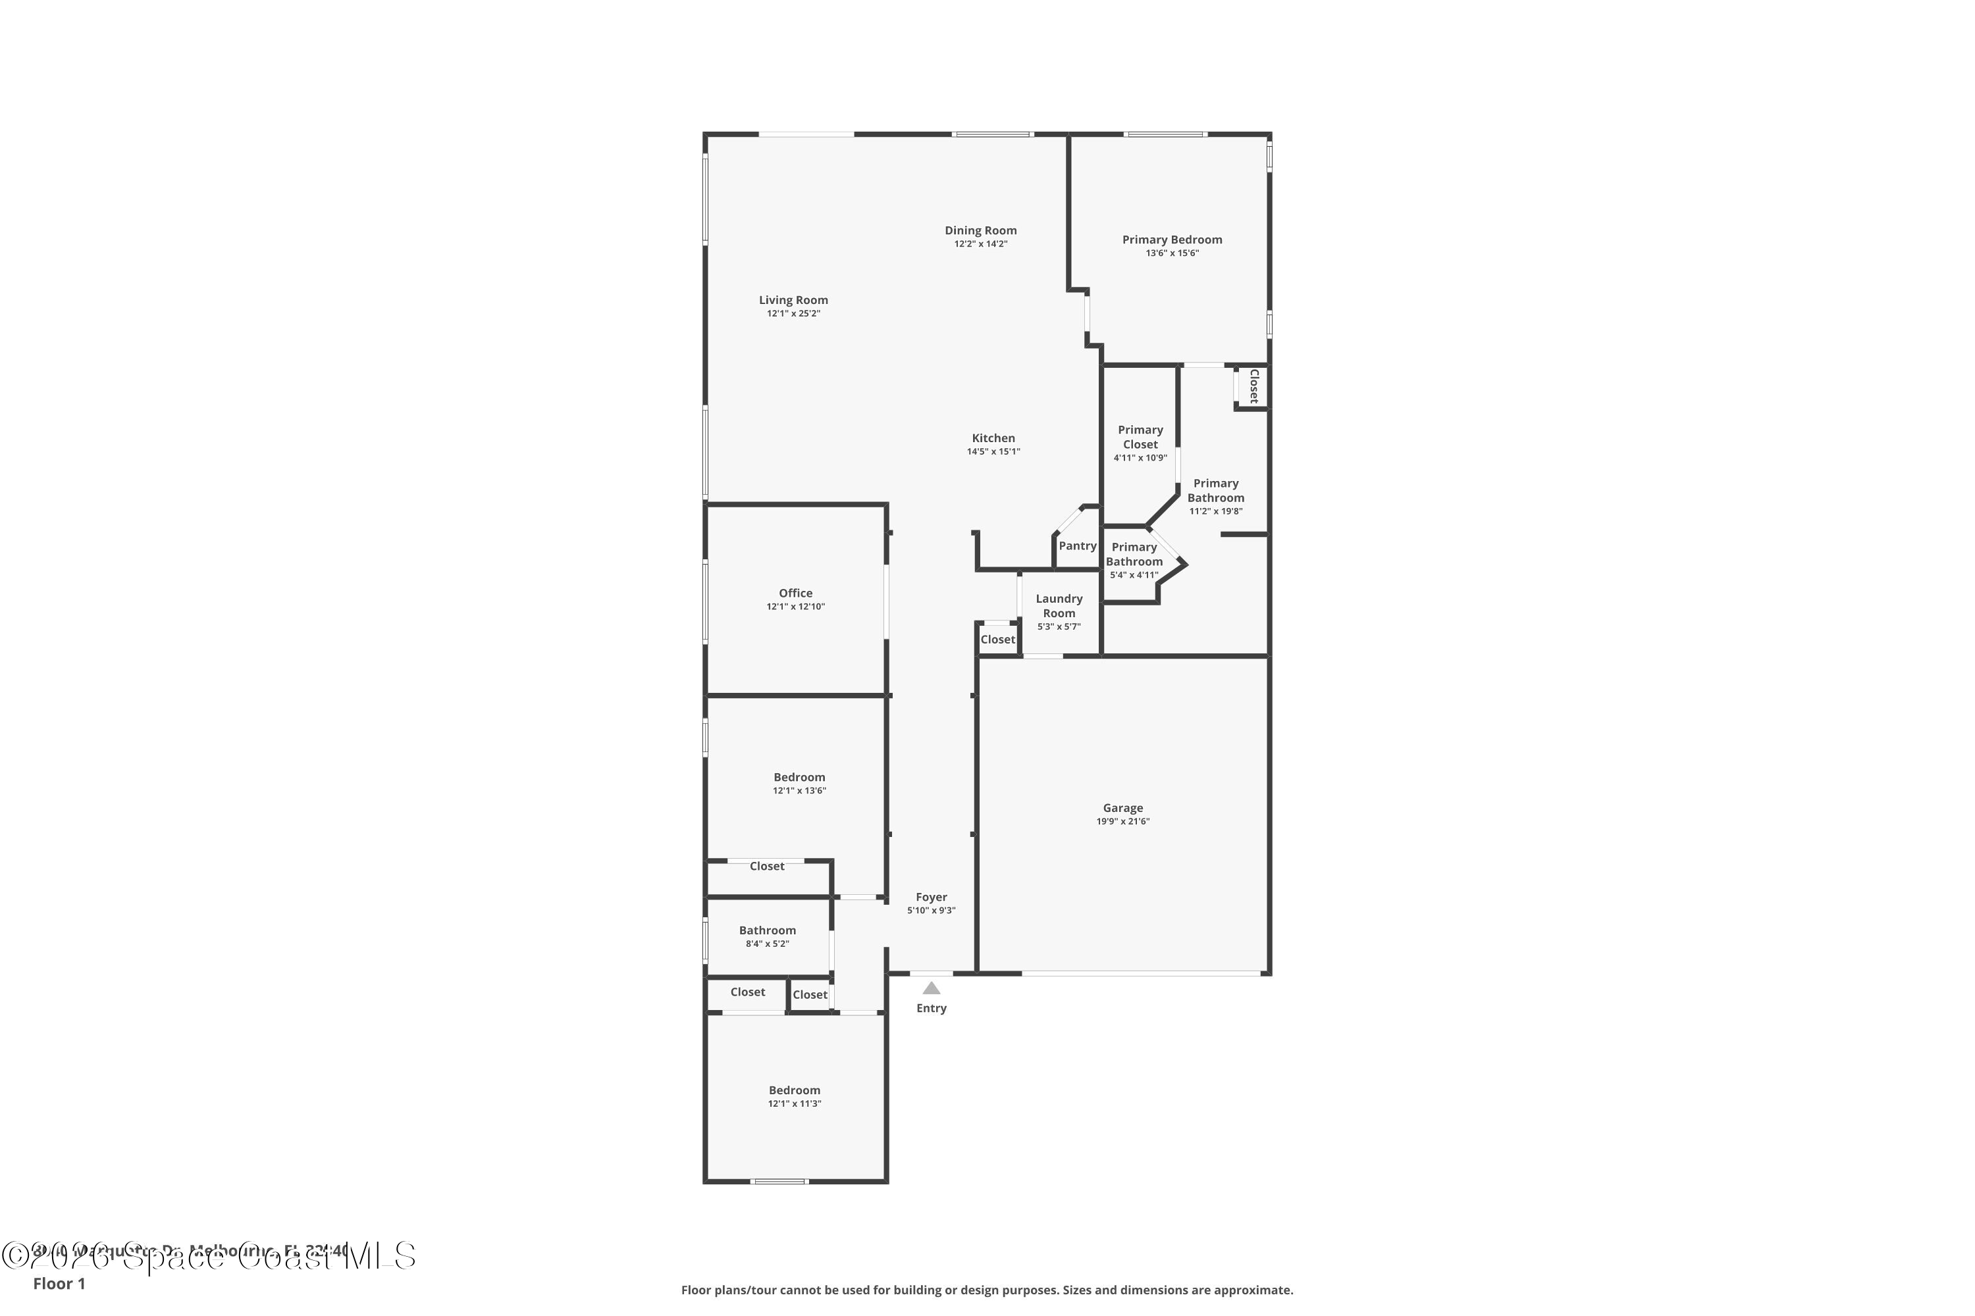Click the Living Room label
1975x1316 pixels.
click(793, 299)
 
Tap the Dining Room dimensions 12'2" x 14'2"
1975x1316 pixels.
click(980, 244)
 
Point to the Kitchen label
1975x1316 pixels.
click(993, 438)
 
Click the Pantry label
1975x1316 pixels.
click(1077, 545)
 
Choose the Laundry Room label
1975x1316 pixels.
click(1058, 605)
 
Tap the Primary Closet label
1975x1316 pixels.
click(1140, 436)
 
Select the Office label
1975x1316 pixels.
click(795, 593)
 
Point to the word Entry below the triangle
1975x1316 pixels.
click(932, 1008)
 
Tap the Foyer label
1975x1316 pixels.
click(932, 898)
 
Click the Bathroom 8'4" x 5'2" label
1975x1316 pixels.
click(767, 930)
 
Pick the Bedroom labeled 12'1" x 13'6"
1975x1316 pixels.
click(799, 777)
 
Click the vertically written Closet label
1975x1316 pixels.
click(1253, 386)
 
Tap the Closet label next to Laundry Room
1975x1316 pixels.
click(997, 640)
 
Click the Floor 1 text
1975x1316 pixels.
click(59, 1283)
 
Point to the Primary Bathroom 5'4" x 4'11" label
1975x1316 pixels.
click(1134, 555)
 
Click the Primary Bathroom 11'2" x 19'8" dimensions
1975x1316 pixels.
click(1215, 511)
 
